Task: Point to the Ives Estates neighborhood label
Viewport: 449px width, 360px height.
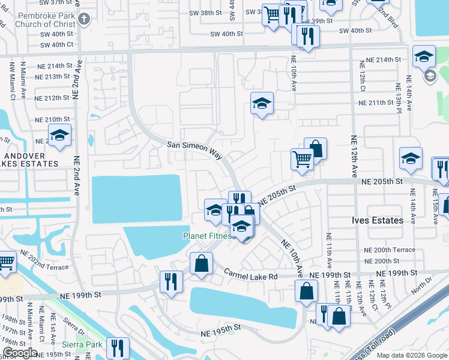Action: pyautogui.click(x=377, y=220)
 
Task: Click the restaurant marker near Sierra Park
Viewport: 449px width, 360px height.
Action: pyautogui.click(x=118, y=347)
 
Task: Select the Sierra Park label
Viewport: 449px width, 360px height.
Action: pyautogui.click(x=82, y=344)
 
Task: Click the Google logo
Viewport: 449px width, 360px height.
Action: pyautogui.click(x=20, y=353)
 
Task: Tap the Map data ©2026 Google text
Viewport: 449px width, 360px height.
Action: pyautogui.click(x=411, y=355)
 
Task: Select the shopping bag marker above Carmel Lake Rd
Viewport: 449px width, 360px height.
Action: pyautogui.click(x=201, y=262)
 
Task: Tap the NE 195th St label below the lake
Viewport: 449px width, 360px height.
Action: pyautogui.click(x=221, y=327)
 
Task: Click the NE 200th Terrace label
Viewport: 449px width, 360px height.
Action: pyautogui.click(x=390, y=250)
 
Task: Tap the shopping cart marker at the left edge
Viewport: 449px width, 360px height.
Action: pyautogui.click(x=5, y=262)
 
